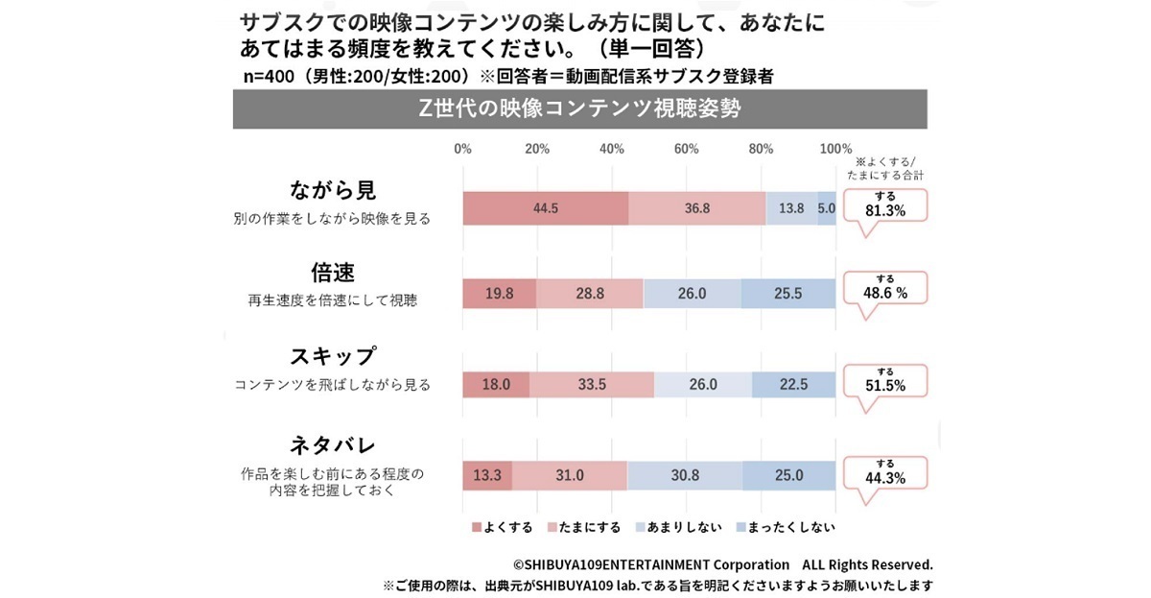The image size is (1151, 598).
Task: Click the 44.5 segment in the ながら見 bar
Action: point(546,208)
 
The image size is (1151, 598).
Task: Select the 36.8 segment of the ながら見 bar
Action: point(697,208)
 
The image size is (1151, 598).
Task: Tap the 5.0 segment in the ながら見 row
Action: point(827,208)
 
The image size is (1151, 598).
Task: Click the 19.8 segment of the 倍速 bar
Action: point(500,294)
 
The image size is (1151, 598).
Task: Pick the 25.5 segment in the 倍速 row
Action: point(787,294)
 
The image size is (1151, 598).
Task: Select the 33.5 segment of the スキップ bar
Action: point(592,384)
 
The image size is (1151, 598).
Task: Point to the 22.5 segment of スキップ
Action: point(793,384)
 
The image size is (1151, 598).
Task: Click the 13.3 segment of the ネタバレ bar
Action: point(487,475)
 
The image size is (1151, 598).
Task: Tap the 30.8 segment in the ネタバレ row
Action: point(684,475)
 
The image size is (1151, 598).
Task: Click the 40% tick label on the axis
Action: point(612,149)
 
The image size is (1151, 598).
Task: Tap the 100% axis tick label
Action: point(835,149)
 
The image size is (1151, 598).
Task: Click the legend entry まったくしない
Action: point(785,527)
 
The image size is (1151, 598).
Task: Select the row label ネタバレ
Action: point(332,445)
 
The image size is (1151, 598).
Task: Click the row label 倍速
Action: point(332,272)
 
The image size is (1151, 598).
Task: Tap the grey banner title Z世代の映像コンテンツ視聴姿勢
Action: point(579,108)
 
